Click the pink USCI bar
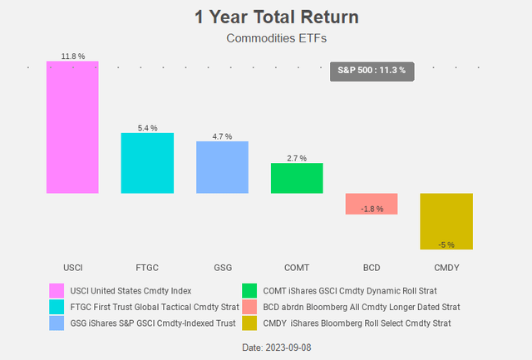click(72, 127)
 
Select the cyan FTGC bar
click(147, 163)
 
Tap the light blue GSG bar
click(222, 167)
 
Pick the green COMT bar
click(297, 178)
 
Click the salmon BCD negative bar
click(372, 204)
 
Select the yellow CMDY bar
click(446, 221)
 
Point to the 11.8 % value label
click(73, 56)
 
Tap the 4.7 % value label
click(222, 136)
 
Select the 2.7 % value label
click(297, 157)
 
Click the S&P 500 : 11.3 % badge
click(372, 71)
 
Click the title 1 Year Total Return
click(265, 17)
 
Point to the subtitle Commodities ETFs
click(265, 37)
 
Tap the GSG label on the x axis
click(222, 268)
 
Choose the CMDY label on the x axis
click(446, 268)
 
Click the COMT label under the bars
click(297, 268)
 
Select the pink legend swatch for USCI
click(57, 291)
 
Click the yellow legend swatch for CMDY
click(249, 323)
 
